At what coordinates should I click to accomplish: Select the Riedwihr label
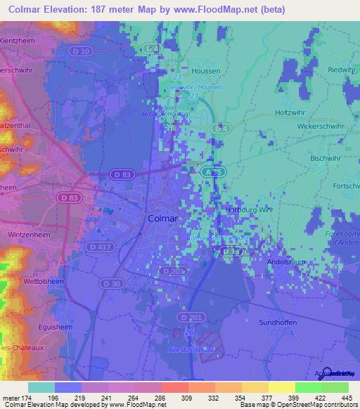(x=340, y=70)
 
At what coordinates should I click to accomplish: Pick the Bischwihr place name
(x=324, y=158)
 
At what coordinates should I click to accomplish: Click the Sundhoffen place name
(x=278, y=322)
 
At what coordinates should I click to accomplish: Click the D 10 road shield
(x=81, y=51)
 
